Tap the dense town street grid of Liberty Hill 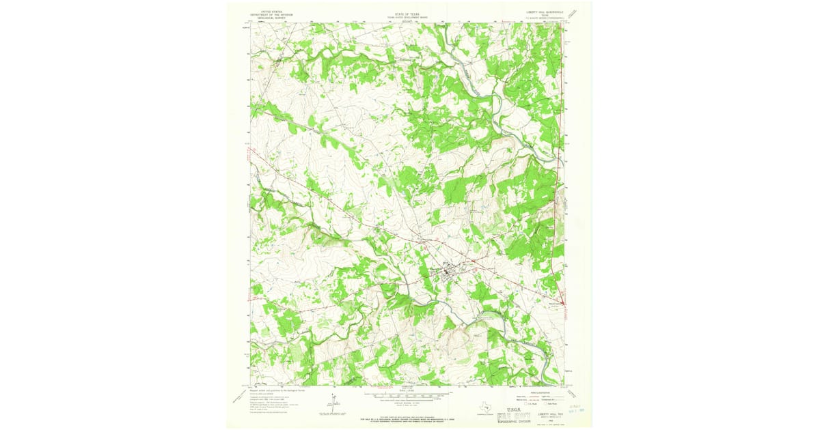coord(449,272)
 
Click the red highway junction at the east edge coord(562,302)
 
